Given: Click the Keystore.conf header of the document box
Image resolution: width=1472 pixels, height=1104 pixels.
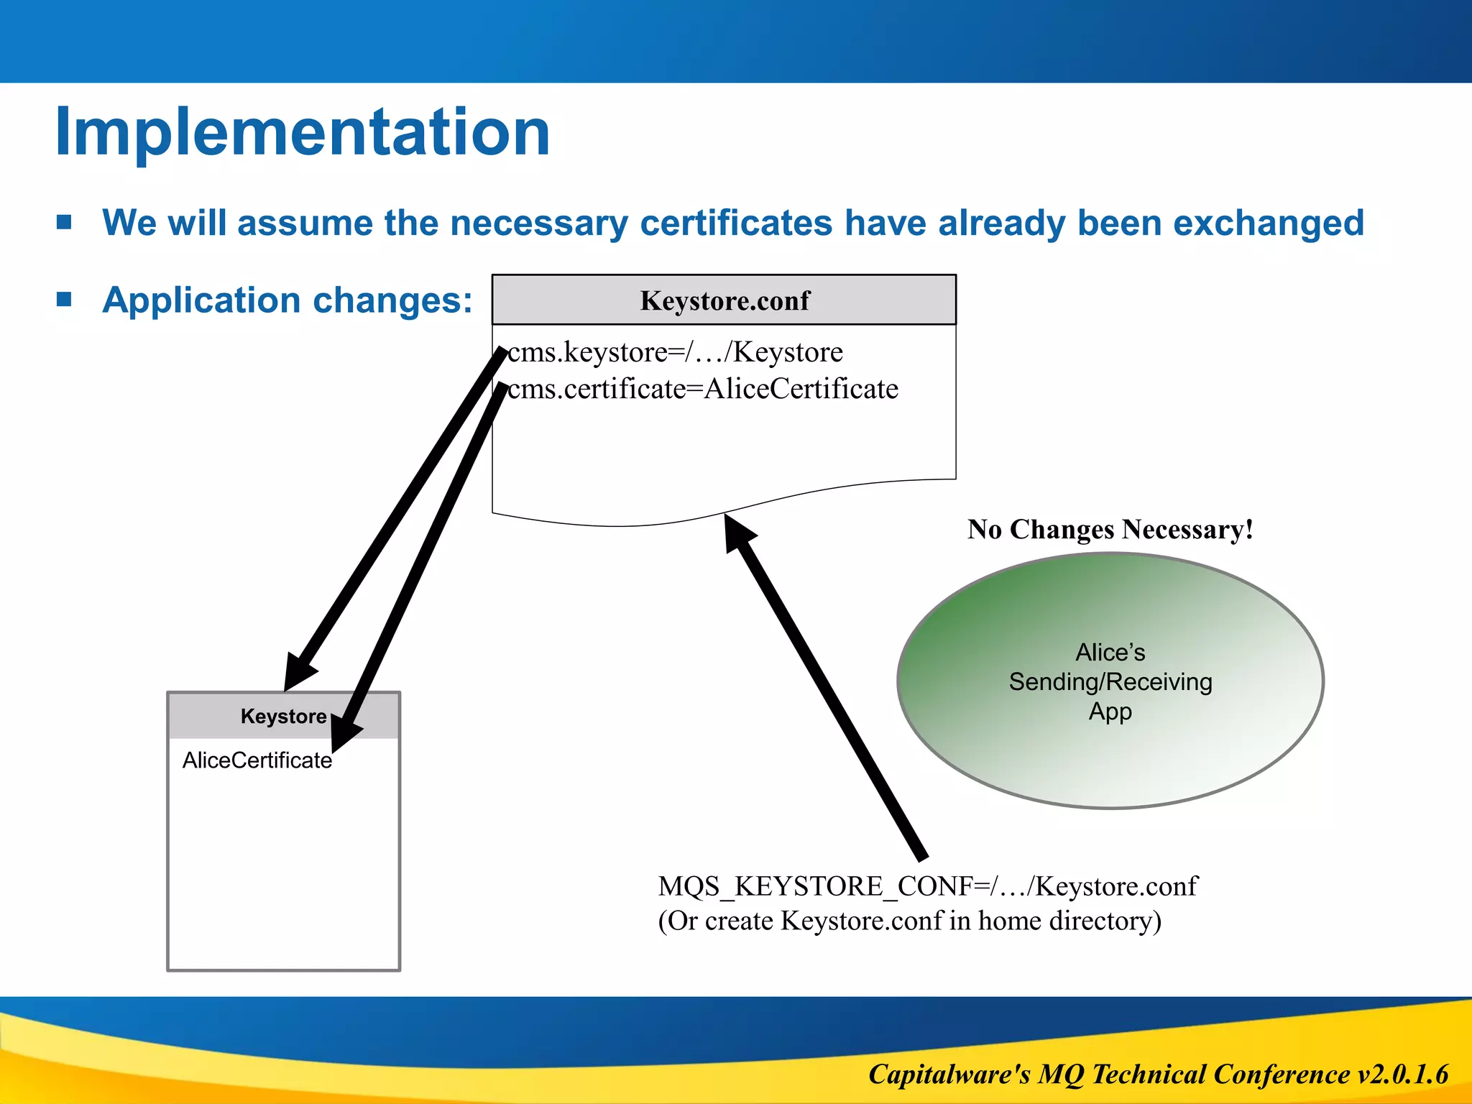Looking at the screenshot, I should (724, 300).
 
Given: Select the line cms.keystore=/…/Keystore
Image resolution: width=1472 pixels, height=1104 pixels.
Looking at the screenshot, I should (674, 352).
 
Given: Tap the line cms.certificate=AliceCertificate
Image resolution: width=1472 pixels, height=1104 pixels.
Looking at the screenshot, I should (702, 389).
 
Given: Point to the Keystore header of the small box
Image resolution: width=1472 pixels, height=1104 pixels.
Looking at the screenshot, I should (283, 716).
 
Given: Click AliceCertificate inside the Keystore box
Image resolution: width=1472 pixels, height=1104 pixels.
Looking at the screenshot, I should (257, 760).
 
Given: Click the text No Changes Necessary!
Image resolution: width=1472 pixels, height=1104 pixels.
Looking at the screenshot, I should (1110, 530).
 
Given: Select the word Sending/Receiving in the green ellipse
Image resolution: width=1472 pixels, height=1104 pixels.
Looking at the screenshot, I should (1110, 681).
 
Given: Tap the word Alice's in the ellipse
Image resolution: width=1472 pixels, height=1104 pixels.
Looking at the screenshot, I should (1110, 652).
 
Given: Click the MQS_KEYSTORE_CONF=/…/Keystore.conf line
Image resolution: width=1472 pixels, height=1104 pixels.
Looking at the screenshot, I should (927, 886).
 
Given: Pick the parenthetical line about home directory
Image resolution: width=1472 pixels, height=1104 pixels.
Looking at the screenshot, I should (909, 921).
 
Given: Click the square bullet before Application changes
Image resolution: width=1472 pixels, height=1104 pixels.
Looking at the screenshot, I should (65, 299).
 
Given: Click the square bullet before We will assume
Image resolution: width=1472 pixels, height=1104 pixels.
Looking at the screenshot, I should (65, 222).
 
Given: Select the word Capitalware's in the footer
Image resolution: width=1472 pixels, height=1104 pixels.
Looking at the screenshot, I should (949, 1074).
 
